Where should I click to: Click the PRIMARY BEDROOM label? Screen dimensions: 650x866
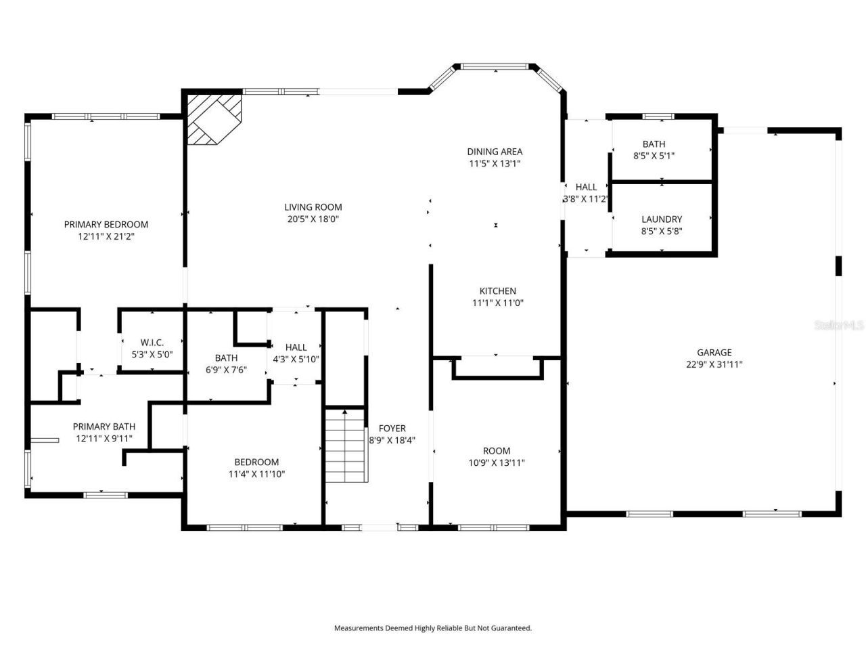pos(106,224)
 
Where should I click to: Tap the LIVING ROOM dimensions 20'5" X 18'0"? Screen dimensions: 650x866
pos(313,219)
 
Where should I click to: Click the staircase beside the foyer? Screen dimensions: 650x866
pos(345,447)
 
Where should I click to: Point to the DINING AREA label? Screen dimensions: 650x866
pos(495,152)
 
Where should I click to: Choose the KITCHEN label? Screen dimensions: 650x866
pos(498,291)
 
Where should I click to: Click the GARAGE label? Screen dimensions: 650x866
pos(714,352)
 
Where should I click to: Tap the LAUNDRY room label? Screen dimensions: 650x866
pos(662,219)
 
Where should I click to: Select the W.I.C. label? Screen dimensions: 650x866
pos(152,343)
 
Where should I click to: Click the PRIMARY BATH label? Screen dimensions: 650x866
pos(104,427)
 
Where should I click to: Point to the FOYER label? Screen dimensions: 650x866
pos(392,429)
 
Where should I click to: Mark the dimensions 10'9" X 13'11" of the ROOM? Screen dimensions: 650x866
pos(497,463)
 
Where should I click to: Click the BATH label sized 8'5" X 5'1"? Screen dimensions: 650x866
pos(654,144)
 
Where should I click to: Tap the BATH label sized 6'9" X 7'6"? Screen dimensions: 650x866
pos(226,357)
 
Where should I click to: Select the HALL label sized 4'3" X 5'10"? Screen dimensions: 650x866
pos(296,347)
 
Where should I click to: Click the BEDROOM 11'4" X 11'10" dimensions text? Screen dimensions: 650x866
pos(256,474)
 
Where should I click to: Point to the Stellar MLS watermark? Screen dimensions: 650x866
pos(839,326)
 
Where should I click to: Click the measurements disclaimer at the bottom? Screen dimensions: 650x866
pos(433,628)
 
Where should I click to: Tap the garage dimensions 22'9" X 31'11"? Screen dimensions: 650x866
pos(714,364)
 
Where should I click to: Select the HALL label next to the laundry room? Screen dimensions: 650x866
pos(586,187)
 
